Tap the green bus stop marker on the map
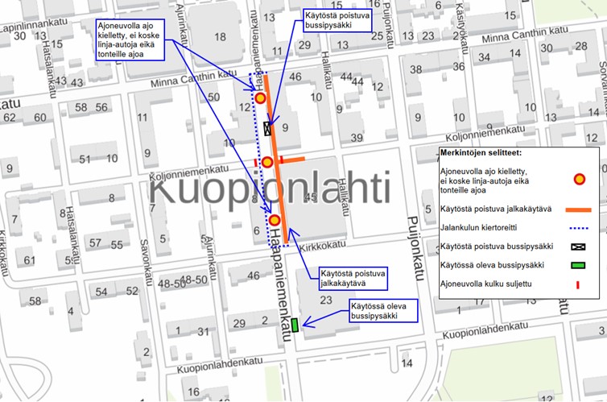pos(295,325)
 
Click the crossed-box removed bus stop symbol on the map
pos(268,128)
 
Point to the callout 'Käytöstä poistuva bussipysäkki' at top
pos(336,20)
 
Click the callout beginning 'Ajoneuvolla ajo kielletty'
pos(129,39)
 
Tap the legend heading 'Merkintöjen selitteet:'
pos(482,152)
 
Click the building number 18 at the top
pos(220,36)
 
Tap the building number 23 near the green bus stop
pos(326,300)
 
